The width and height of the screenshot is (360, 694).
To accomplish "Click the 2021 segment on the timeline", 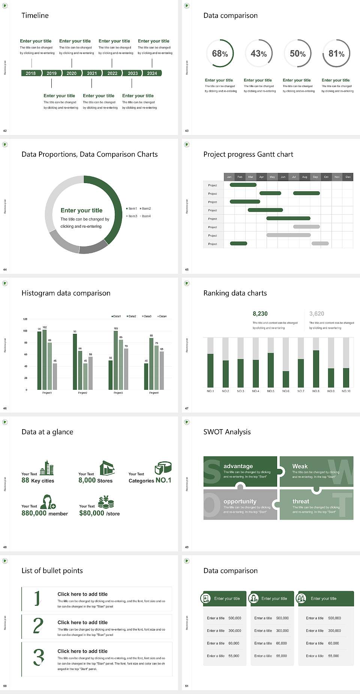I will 92,73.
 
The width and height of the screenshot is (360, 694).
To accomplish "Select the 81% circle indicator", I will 336,54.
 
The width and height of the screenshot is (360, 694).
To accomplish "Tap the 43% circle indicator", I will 259,54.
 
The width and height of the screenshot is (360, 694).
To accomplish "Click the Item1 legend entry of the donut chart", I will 132,209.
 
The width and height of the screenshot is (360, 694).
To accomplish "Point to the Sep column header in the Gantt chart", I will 315,177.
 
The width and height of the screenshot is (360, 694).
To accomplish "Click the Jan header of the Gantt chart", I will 229,177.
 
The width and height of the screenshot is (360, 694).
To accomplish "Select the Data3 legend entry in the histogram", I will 147,316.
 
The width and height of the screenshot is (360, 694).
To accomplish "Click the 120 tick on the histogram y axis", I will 25,319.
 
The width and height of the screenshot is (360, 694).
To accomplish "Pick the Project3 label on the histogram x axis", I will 118,393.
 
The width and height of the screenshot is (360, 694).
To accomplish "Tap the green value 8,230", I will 260,314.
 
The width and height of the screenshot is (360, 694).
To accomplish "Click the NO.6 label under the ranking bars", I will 286,391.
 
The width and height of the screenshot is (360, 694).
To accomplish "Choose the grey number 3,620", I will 317,314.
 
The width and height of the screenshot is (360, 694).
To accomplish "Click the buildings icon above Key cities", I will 47,468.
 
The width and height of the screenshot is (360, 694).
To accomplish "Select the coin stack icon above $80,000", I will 106,502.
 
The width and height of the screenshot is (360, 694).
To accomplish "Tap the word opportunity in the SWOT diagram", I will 240,501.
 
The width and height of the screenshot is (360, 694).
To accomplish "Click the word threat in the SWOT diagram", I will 301,501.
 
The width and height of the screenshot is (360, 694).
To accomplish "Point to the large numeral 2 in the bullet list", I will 38,626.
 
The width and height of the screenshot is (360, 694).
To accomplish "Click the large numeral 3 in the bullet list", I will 39,657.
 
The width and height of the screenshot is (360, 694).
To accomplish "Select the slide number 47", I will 187,408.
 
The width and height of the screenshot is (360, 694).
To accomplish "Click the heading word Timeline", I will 35,15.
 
